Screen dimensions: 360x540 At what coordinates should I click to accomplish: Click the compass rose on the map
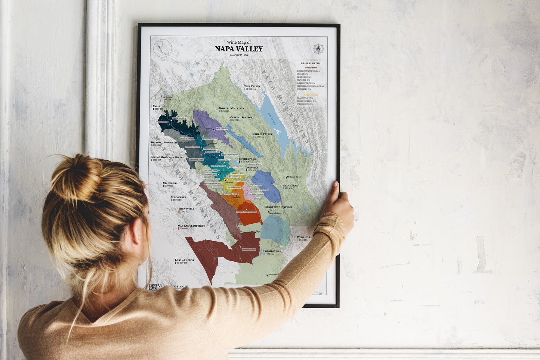pyautogui.click(x=318, y=49)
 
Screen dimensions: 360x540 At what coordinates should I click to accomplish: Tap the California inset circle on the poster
pyautogui.click(x=163, y=48)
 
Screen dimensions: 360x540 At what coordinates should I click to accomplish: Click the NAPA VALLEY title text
pyautogui.click(x=239, y=49)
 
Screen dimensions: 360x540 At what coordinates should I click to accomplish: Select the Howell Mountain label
pyautogui.click(x=231, y=108)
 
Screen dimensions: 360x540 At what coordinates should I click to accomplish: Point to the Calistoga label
pyautogui.click(x=160, y=106)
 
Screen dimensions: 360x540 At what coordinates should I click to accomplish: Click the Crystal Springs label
pyautogui.click(x=241, y=117)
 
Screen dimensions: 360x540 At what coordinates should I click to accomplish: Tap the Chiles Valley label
pyautogui.click(x=263, y=134)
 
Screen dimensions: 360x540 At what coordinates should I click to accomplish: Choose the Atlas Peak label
pyautogui.click(x=290, y=186)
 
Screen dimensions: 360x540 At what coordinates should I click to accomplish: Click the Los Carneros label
pyautogui.click(x=184, y=260)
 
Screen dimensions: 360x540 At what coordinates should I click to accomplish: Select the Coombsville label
pyautogui.click(x=272, y=251)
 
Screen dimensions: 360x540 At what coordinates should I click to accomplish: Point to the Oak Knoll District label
pyautogui.click(x=191, y=226)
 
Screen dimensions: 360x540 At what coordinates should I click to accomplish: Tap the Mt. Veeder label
pyautogui.click(x=179, y=197)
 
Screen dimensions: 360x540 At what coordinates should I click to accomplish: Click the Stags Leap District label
pyautogui.click(x=279, y=207)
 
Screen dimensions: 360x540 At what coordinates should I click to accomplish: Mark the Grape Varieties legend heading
pyautogui.click(x=311, y=63)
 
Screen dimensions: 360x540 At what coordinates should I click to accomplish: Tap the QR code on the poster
pyautogui.click(x=152, y=287)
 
